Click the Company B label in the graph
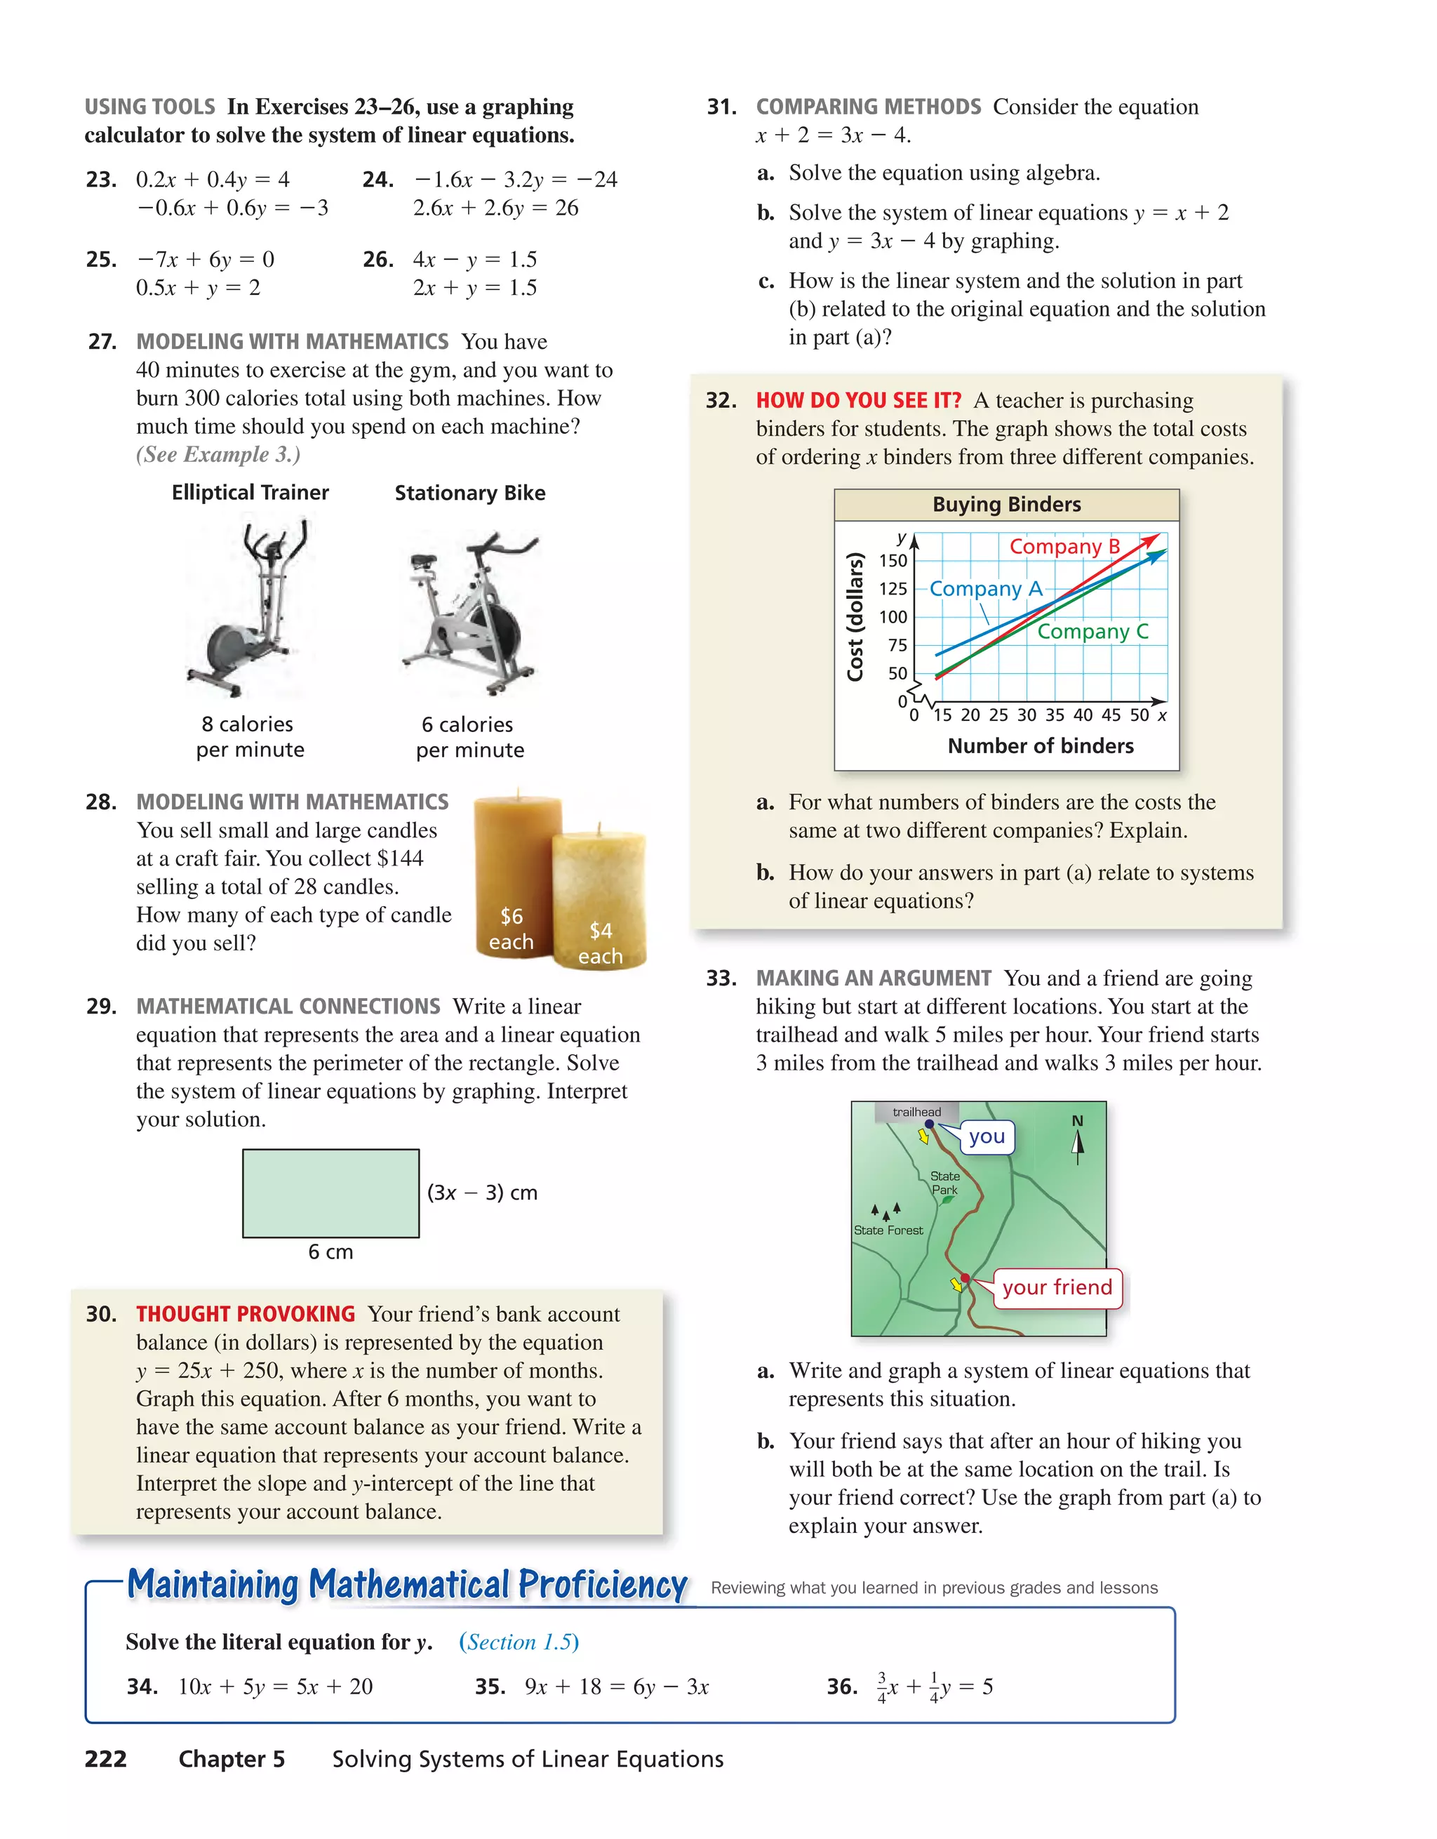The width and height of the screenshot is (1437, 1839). (1064, 547)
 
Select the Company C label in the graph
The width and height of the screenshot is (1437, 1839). (1092, 632)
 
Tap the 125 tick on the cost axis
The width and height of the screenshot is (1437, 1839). (893, 589)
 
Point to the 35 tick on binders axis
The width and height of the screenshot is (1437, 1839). (1055, 715)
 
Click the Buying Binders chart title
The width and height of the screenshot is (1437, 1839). (1006, 505)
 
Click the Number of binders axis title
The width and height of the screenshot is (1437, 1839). (1040, 746)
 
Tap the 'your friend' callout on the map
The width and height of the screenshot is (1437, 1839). (1057, 1287)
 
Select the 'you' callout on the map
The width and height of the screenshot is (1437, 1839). (987, 1137)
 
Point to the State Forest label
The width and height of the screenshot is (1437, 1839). (888, 1230)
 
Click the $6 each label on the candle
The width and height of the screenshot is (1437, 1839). (511, 928)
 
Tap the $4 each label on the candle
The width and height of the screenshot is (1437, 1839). (600, 943)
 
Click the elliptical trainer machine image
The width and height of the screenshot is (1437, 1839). (250, 608)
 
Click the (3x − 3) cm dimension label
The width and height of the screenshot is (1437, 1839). (481, 1193)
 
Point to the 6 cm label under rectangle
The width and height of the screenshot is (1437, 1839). (331, 1252)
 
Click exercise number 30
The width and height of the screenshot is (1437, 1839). (101, 1315)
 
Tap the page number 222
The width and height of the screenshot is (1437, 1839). (106, 1759)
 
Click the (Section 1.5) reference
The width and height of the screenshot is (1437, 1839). (519, 1642)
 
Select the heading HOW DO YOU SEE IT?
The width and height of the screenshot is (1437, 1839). (858, 401)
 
